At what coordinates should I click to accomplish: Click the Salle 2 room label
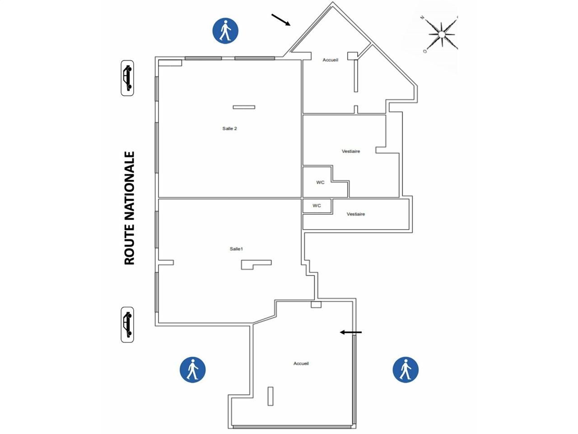(x=229, y=128)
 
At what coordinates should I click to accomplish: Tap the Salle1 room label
(x=236, y=249)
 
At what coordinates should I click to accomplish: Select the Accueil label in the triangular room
(x=330, y=60)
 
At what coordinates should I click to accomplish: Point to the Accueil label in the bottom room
(x=301, y=363)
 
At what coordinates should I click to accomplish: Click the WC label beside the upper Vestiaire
(x=320, y=182)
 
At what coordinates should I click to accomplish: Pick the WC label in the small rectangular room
(x=317, y=206)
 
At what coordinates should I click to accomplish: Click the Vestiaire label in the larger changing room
(x=351, y=151)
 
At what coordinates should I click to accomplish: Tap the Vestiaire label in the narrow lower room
(x=356, y=214)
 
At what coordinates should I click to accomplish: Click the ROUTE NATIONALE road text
(x=129, y=208)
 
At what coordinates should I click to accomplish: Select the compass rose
(x=442, y=34)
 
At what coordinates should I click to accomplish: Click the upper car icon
(x=127, y=78)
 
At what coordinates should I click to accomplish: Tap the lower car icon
(x=127, y=325)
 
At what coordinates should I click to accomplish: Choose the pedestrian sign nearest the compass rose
(x=225, y=31)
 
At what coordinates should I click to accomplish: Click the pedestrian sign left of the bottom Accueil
(x=192, y=370)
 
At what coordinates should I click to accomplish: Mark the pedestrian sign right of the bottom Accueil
(x=406, y=370)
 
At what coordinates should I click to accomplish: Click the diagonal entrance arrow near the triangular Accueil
(x=281, y=20)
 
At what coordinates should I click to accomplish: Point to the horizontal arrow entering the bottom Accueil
(x=351, y=332)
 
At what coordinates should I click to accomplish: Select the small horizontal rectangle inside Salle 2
(x=244, y=107)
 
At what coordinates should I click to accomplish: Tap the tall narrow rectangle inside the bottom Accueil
(x=270, y=396)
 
